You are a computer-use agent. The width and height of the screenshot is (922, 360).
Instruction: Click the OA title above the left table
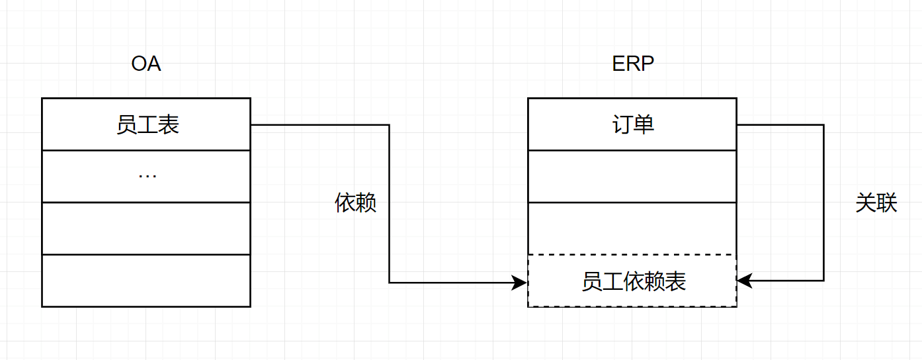[146, 64]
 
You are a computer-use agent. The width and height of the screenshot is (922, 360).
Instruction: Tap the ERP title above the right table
[633, 64]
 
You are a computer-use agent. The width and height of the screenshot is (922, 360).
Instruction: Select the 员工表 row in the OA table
[146, 124]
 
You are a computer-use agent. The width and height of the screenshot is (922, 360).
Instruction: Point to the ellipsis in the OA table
[147, 176]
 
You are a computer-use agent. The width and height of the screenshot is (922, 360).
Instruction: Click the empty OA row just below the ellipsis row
[146, 228]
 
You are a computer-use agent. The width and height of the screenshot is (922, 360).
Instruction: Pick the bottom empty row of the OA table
[146, 281]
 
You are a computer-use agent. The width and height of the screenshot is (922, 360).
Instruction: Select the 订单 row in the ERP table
[632, 124]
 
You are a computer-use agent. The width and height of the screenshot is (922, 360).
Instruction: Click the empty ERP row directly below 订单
[632, 176]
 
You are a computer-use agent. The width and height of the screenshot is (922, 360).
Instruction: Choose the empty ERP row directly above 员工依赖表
[632, 228]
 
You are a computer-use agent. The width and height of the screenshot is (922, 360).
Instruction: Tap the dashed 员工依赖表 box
[632, 281]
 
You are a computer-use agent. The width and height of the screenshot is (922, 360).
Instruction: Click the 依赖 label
[356, 203]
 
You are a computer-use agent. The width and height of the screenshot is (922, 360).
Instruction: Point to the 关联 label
[876, 203]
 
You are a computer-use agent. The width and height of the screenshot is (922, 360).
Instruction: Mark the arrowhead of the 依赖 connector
[521, 283]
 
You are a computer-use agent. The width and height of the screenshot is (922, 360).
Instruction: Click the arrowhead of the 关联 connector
[743, 281]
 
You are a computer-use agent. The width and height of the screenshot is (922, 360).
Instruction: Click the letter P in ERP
[648, 64]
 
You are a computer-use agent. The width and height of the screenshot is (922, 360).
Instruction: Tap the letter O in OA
[139, 64]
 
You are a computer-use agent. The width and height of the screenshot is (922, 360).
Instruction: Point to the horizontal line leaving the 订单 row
[780, 124]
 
